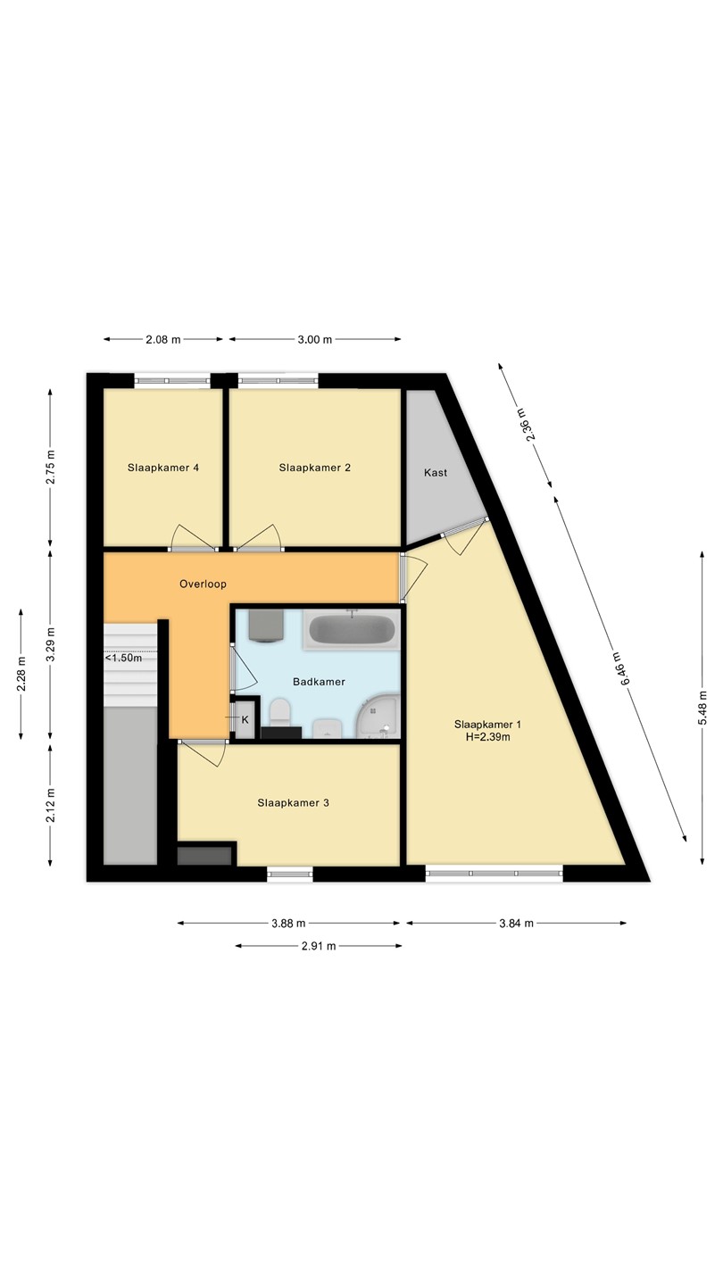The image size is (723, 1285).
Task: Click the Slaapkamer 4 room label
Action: [163, 468]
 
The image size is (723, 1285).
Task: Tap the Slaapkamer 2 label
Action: [314, 468]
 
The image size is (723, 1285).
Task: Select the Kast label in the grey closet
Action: [436, 473]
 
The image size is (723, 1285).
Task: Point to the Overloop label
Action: [204, 584]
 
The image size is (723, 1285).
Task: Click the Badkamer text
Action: [319, 682]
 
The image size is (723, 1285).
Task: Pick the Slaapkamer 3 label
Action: [293, 802]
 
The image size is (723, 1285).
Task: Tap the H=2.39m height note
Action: [487, 737]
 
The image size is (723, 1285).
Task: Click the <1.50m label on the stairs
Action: [123, 658]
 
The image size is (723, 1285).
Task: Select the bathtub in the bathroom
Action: [352, 629]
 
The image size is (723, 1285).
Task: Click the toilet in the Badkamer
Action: [280, 710]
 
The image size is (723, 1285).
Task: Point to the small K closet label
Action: [245, 719]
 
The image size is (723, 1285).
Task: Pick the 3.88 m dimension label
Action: [288, 923]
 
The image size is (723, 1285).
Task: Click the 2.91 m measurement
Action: [319, 946]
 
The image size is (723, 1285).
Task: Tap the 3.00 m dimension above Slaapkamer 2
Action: [314, 339]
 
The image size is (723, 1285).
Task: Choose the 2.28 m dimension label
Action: [21, 675]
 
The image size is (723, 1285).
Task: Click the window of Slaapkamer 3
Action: [290, 874]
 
